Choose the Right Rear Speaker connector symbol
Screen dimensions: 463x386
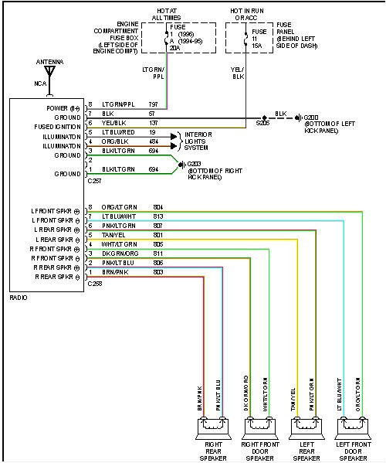click(x=212, y=424)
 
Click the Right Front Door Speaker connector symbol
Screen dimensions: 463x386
click(x=259, y=424)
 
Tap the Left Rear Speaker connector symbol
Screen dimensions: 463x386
click(x=305, y=424)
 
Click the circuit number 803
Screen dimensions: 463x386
click(x=157, y=272)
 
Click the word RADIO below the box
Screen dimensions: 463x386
click(x=19, y=297)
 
